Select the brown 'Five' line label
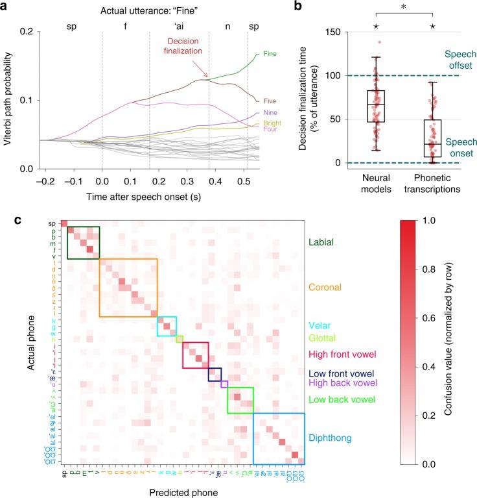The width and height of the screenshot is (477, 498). click(x=262, y=101)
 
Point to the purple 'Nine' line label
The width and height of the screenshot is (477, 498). click(x=262, y=113)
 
